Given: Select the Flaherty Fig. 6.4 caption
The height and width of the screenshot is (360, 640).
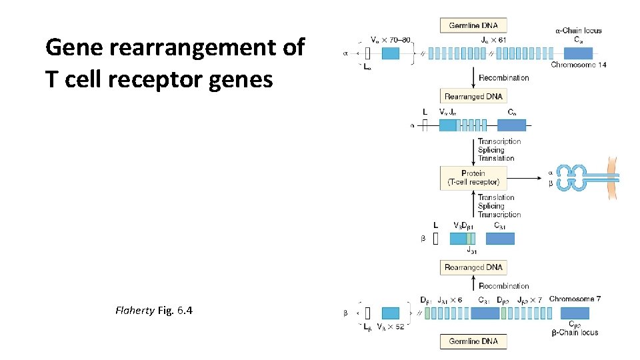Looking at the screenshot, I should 154,310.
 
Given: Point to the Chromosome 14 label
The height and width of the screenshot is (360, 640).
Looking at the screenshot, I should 578,65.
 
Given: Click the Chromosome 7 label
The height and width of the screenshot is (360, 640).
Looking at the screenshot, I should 575,299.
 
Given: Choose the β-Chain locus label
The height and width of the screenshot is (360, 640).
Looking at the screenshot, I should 574,332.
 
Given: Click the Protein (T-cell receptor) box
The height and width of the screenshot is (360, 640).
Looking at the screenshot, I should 473,177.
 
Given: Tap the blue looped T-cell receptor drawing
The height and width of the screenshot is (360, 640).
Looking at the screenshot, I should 571,177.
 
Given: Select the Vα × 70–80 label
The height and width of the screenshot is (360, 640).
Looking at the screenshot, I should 390,39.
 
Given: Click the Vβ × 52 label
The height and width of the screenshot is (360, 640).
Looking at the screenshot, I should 391,327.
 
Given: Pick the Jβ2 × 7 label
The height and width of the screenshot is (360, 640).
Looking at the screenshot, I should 530,299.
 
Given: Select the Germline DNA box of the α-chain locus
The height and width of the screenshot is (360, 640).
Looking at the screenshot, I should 473,25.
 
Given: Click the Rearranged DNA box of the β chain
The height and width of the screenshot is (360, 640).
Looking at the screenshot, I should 473,267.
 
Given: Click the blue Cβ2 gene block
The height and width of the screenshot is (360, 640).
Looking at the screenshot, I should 575,313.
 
